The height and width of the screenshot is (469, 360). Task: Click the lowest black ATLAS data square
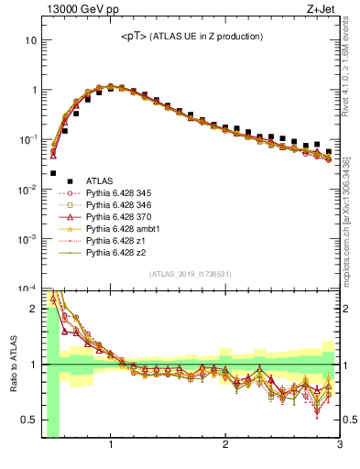pyautogui.click(x=53, y=172)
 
